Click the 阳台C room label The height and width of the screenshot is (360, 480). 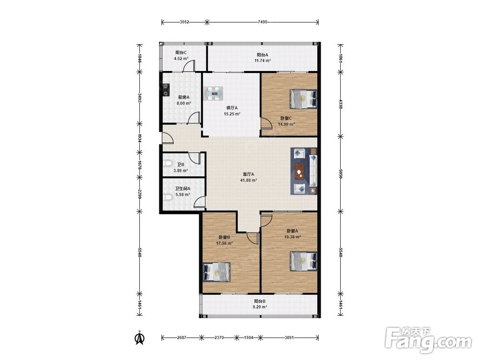[181, 52]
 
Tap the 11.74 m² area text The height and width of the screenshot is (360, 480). [263, 60]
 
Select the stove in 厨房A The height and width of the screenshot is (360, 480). [166, 90]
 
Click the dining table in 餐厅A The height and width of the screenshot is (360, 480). [214, 94]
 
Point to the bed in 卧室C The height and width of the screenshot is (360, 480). [303, 99]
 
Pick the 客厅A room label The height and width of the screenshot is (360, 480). [248, 174]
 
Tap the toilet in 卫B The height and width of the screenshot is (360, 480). [167, 164]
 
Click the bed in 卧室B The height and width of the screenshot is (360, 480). [217, 272]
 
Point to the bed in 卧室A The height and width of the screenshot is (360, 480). [303, 261]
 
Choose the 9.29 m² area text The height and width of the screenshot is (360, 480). [260, 307]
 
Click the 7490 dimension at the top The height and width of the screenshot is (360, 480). [263, 22]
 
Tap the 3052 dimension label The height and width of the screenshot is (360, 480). [184, 22]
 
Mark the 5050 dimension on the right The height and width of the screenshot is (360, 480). [340, 174]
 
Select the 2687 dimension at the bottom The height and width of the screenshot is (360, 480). [181, 337]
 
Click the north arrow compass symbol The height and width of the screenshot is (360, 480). [140, 338]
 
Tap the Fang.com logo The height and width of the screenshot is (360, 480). [428, 340]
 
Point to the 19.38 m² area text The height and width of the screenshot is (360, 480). [293, 237]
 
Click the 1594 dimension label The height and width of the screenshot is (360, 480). [248, 337]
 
